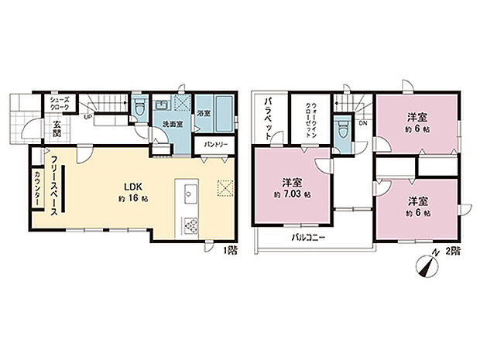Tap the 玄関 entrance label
(x=57, y=129)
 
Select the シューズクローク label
(x=60, y=102)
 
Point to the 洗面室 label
(x=172, y=124)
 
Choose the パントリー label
(x=215, y=145)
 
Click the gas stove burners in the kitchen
(x=190, y=225)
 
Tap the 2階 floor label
(x=454, y=252)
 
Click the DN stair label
(x=362, y=122)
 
